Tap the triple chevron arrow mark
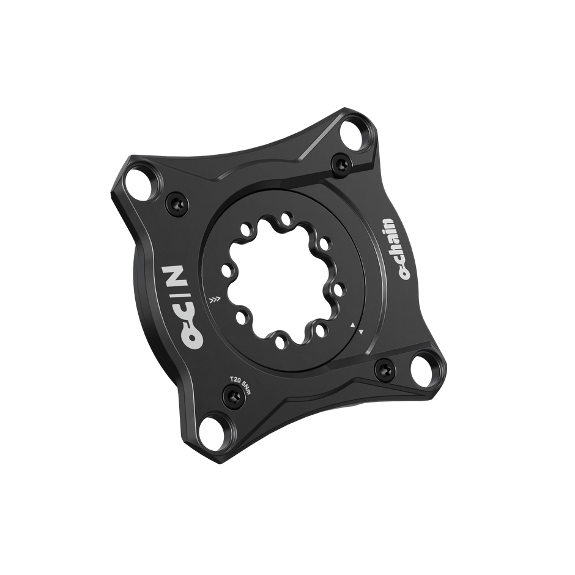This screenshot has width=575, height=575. (x=213, y=300)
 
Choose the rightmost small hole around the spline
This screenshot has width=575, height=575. (x=338, y=286)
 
